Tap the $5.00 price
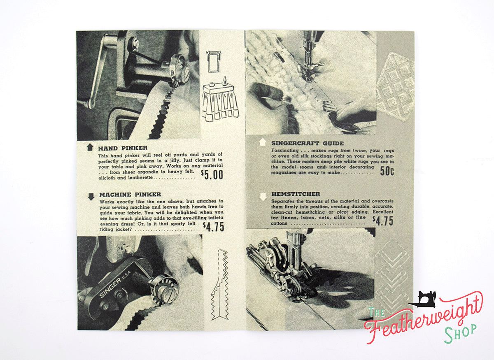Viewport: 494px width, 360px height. [212, 174]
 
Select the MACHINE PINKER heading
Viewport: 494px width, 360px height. [130, 194]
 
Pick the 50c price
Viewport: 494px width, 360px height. [387, 171]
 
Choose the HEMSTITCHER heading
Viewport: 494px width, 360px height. [296, 194]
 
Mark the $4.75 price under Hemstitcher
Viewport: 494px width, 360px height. [383, 221]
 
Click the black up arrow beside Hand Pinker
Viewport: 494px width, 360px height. [90, 147]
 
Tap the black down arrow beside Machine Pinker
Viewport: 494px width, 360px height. [91, 196]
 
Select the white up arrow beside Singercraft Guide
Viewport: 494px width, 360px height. [262, 143]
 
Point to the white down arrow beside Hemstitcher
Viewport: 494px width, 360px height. [262, 196]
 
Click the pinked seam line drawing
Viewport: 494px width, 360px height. [219, 284]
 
